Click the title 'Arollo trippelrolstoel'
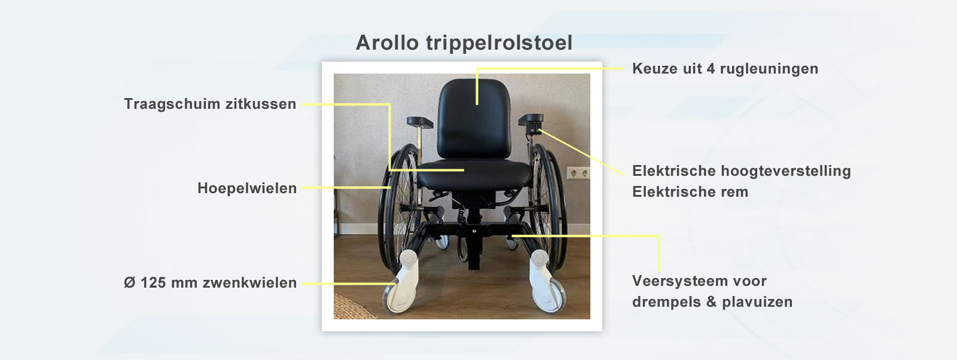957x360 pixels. pos(464,42)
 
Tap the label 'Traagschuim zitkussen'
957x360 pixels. pos(210,104)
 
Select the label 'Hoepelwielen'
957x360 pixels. pos(247,188)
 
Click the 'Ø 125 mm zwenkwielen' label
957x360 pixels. pos(210,282)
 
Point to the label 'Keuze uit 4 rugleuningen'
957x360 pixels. pos(725,69)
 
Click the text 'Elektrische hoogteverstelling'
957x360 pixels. pos(741,171)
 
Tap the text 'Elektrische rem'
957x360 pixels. pos(690,192)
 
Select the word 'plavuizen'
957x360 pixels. pos(757,302)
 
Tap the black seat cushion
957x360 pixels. pos(474,175)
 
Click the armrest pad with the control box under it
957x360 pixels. pos(531,119)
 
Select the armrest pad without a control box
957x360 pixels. pos(419,122)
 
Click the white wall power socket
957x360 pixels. pos(578,173)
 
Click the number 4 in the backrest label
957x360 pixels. pos(711,69)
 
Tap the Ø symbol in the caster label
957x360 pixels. pos(129,282)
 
